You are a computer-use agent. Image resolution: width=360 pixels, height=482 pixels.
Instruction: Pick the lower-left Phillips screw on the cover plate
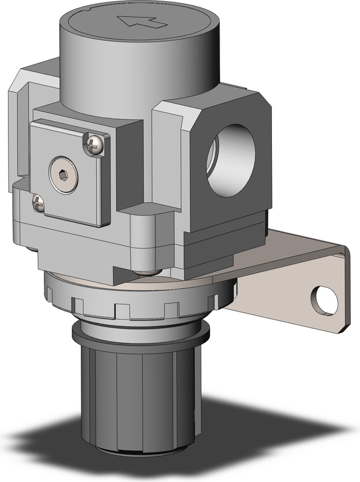click(38, 204)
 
